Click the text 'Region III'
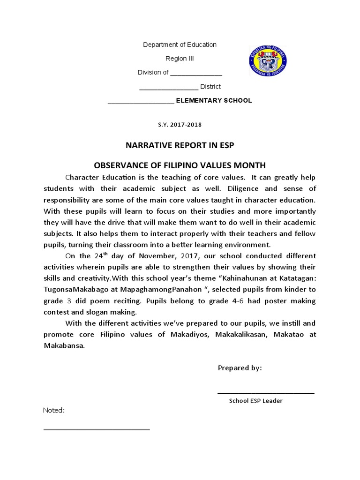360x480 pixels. click(x=180, y=59)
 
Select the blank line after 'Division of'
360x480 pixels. click(x=195, y=73)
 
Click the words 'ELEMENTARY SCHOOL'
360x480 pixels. click(x=214, y=100)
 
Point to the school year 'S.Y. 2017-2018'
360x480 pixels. click(x=180, y=125)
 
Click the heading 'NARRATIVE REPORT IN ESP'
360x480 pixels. click(x=180, y=145)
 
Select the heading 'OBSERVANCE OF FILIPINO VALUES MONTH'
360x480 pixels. click(x=180, y=165)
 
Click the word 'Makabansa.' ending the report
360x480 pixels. click(x=65, y=345)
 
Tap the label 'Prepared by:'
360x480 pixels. click(x=240, y=368)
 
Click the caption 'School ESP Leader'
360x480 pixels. click(x=255, y=401)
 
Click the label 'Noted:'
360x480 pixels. click(x=54, y=411)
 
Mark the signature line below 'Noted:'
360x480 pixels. click(x=97, y=429)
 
